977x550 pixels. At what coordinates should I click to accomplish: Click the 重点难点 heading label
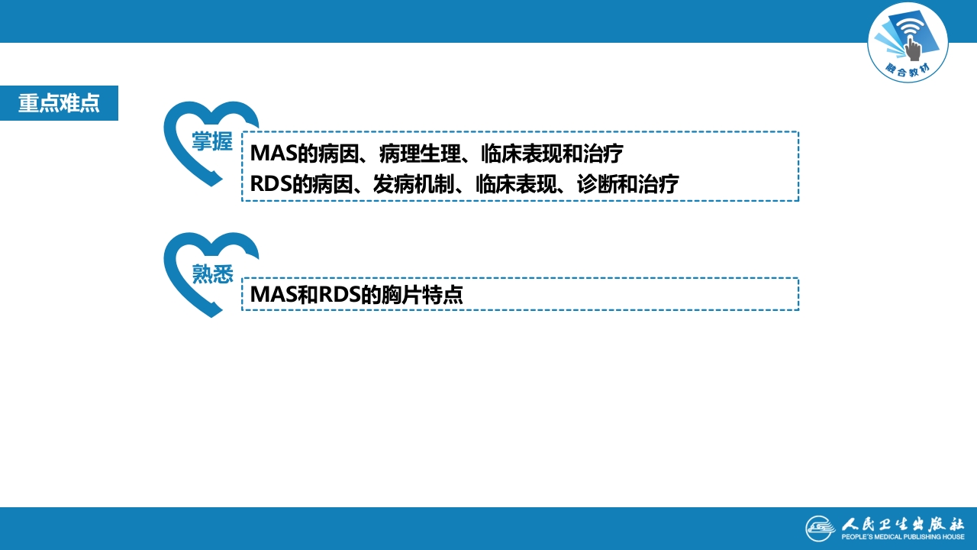[x=59, y=103]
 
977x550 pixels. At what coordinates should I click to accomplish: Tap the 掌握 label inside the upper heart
[x=212, y=141]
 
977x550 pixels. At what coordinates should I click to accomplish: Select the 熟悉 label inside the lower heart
[x=213, y=273]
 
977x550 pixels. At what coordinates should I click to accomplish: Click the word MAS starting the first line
[x=273, y=154]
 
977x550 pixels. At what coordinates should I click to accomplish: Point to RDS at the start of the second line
[x=270, y=184]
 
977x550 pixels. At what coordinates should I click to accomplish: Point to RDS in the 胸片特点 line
[x=340, y=295]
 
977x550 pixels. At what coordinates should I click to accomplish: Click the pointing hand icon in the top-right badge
[x=913, y=48]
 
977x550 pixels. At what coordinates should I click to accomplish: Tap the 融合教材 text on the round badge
[x=908, y=70]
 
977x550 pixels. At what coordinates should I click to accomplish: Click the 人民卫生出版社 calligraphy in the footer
[x=903, y=524]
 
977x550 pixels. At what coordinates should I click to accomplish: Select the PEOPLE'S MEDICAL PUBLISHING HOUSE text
[x=903, y=537]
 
